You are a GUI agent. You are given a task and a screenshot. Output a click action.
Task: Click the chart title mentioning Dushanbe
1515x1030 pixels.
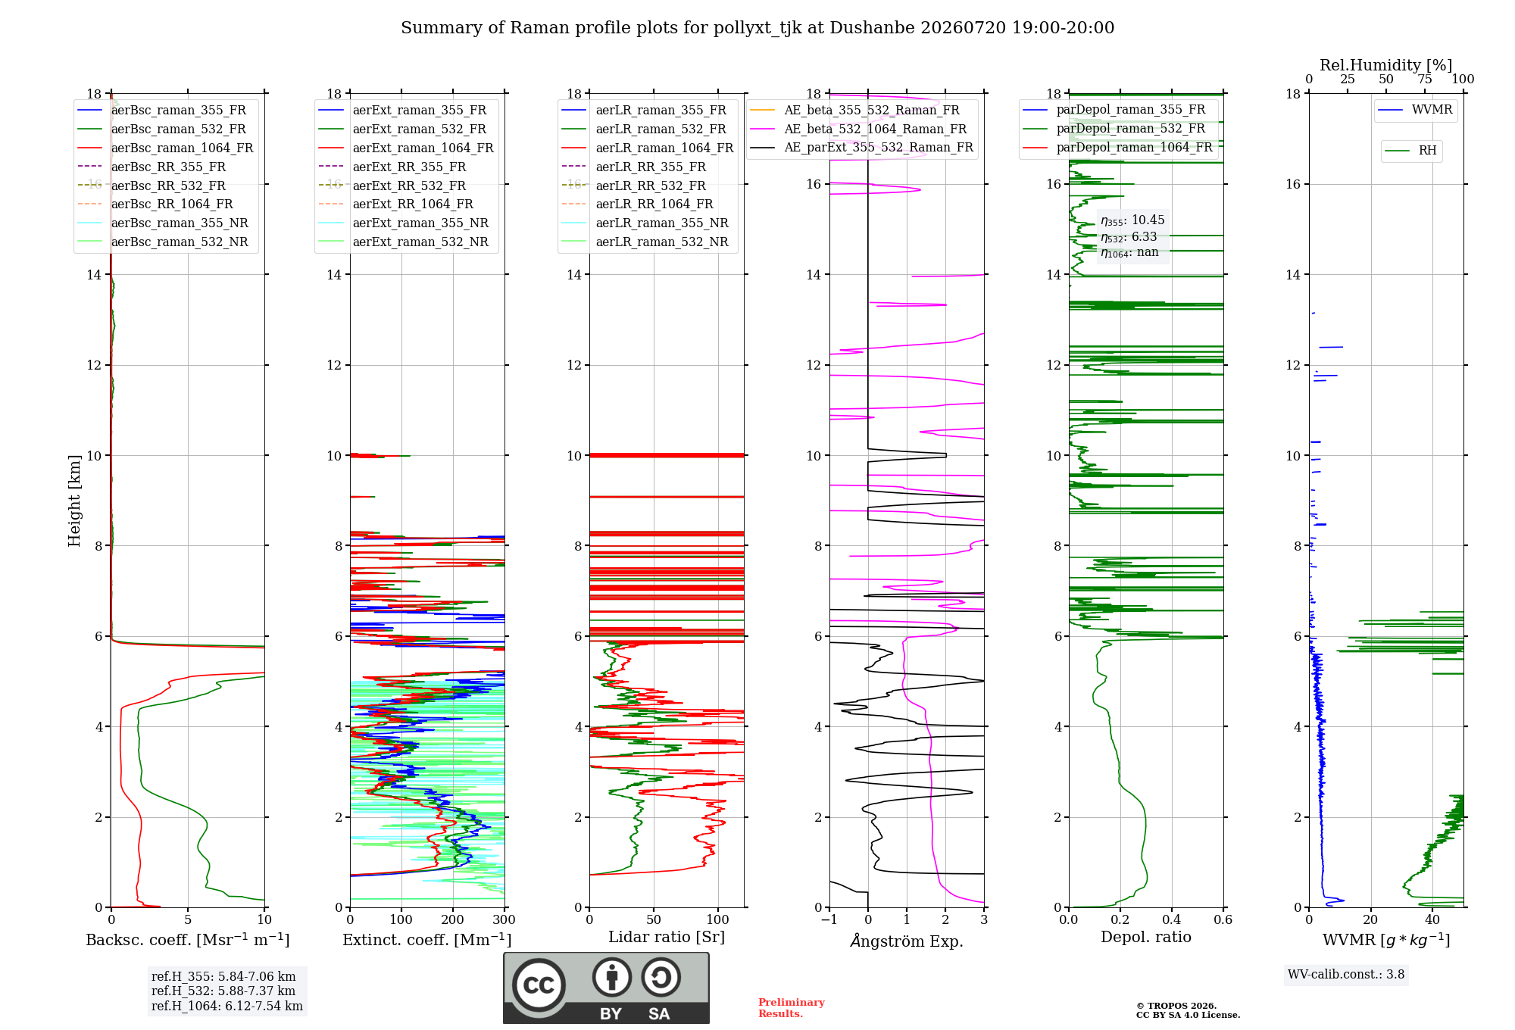click(757, 28)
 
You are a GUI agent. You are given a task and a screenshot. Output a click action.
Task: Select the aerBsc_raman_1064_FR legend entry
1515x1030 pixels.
click(165, 148)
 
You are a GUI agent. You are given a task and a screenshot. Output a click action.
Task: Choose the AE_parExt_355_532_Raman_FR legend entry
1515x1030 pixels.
click(861, 147)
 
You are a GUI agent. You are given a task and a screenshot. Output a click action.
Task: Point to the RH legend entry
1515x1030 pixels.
click(1411, 151)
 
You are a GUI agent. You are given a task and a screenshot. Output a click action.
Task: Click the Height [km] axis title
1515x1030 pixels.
click(74, 501)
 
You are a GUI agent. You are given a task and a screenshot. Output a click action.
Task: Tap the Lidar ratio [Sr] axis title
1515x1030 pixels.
click(667, 937)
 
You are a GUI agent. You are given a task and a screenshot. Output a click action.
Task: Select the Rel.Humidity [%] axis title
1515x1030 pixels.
click(1386, 65)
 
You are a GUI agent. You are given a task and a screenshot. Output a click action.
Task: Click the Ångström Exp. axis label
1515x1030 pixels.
click(907, 941)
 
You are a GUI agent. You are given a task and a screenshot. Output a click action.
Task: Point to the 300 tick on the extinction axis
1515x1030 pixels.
click(504, 920)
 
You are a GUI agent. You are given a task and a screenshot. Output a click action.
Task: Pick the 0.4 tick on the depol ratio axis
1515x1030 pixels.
click(1172, 920)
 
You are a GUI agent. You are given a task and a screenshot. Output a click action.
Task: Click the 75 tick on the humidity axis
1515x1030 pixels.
click(1425, 80)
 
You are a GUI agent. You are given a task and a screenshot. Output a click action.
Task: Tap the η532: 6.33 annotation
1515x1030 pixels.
click(1129, 237)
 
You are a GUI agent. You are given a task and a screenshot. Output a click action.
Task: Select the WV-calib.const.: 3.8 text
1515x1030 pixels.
click(1346, 975)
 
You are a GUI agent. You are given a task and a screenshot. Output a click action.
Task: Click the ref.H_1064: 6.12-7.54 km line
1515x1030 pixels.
click(227, 1007)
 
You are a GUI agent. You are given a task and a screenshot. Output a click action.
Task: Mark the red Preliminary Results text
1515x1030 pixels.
click(792, 1008)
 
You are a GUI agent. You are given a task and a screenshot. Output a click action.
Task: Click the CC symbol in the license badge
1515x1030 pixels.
click(539, 985)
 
